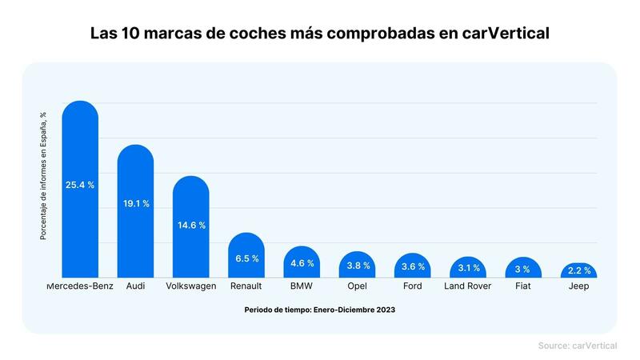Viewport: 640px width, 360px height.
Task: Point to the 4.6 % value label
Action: (302, 263)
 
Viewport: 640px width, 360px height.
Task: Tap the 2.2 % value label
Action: (579, 270)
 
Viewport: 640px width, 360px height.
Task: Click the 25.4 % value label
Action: (80, 185)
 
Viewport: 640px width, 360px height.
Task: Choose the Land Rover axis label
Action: (468, 286)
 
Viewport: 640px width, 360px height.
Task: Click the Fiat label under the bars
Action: (524, 286)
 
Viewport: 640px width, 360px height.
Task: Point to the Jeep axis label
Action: (579, 286)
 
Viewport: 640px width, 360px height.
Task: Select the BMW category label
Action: (302, 286)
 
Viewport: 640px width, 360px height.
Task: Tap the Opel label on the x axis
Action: (358, 286)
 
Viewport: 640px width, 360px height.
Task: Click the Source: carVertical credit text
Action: (577, 345)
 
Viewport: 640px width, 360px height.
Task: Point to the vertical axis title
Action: (44, 176)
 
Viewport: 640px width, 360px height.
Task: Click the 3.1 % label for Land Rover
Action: (468, 268)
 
